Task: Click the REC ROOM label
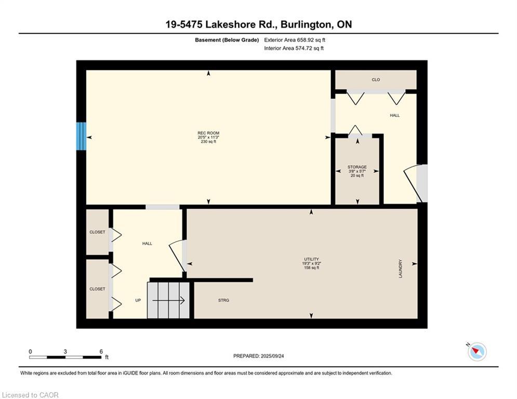coord(208,133)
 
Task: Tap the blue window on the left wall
coord(81,137)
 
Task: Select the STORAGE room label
coord(357,167)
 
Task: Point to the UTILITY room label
coord(312,259)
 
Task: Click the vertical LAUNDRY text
coord(401,269)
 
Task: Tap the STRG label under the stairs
coord(223,300)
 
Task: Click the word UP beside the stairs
coord(138,300)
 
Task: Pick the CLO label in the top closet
coord(376,79)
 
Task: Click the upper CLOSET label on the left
coord(97,232)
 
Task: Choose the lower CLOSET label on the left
coord(97,289)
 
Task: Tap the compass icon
coord(476,352)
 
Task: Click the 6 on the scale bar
coord(101,351)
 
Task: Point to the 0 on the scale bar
coord(30,351)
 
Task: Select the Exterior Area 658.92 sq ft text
coord(295,39)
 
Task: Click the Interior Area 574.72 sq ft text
coord(294,48)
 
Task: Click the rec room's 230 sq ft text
coord(208,142)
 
